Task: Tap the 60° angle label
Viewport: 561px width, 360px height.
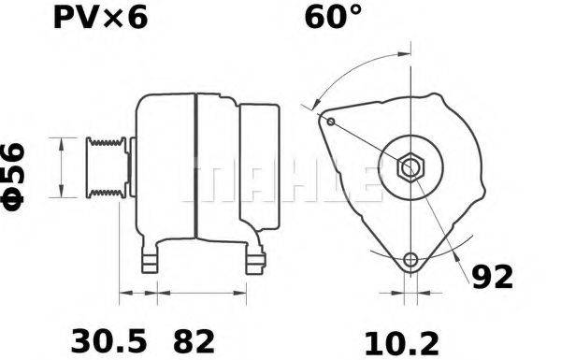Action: (x=331, y=18)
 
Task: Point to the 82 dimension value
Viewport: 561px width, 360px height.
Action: (x=194, y=338)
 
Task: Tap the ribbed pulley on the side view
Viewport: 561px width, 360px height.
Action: (x=105, y=167)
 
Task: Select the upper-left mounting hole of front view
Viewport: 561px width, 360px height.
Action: (x=330, y=120)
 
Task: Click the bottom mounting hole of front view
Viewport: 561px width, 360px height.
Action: (x=410, y=260)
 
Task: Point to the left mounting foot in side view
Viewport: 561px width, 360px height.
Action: (x=149, y=261)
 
